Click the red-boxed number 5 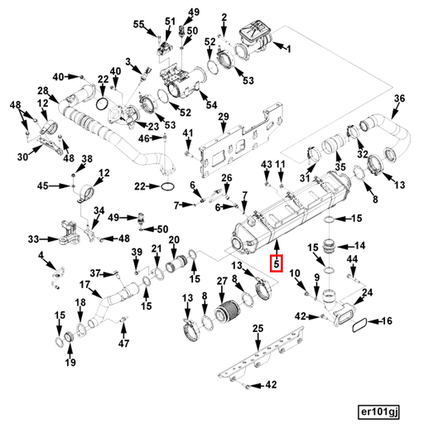277,263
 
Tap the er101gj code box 378,412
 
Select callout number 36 399,99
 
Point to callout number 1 289,50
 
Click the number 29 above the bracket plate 224,117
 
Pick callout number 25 258,329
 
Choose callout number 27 222,282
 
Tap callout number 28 43,90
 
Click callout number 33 33,239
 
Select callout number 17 84,284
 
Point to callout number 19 70,362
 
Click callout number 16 387,320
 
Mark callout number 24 367,292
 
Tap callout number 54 212,105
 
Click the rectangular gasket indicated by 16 359,325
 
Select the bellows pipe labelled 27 226,312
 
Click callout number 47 123,344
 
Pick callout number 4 41,255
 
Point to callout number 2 224,17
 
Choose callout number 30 22,157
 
